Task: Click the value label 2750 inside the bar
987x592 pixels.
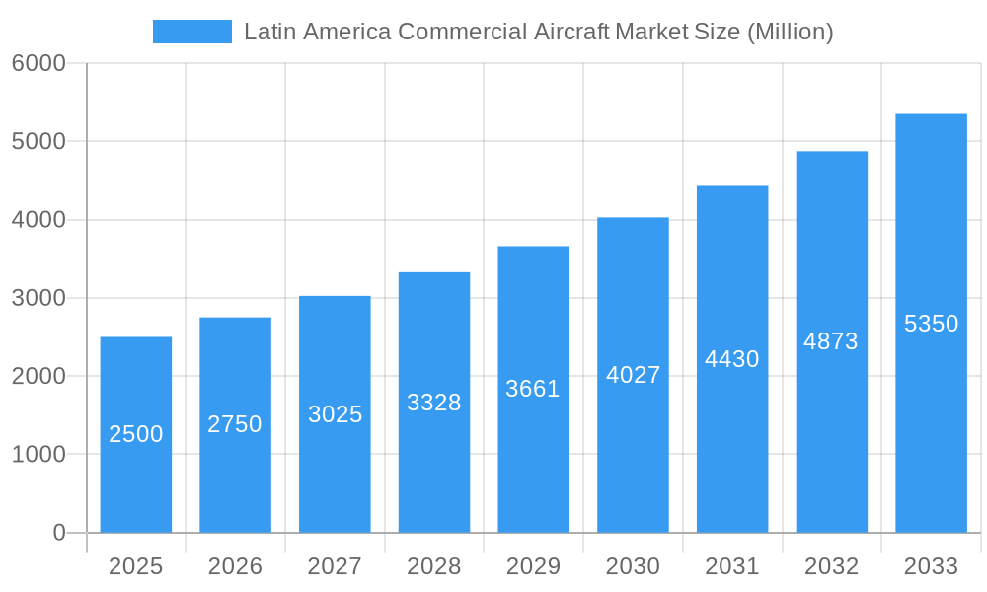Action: [x=235, y=424]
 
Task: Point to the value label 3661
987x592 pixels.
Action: [x=533, y=389]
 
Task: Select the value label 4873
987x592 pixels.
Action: [x=831, y=341]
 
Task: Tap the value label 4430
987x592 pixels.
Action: [x=732, y=359]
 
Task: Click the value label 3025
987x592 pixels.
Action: [x=336, y=414]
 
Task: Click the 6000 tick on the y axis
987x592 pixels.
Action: [x=38, y=63]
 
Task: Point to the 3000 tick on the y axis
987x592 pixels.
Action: [x=38, y=298]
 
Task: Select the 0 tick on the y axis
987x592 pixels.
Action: [x=58, y=533]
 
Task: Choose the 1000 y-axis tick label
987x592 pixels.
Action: [x=38, y=455]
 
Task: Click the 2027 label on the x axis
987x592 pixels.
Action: [x=335, y=566]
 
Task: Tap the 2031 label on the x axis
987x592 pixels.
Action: [x=732, y=566]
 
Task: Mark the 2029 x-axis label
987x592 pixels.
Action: [x=533, y=566]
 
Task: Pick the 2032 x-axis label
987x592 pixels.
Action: [x=831, y=566]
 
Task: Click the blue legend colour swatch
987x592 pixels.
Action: [x=192, y=32]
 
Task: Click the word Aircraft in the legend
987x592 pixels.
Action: [x=571, y=32]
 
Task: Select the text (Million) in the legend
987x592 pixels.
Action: [x=790, y=32]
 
